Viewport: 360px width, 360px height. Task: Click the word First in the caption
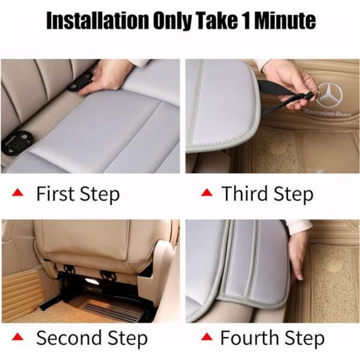(56, 194)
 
